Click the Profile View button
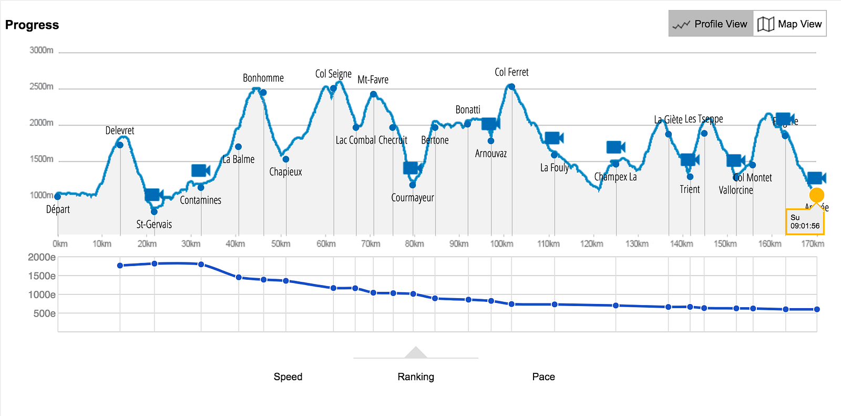[x=711, y=24]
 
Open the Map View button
[x=789, y=24]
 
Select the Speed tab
[x=288, y=377]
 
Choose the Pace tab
[x=543, y=377]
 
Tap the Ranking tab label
[x=416, y=377]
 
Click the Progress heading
[x=32, y=25]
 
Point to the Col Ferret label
[x=511, y=72]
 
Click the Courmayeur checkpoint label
[x=413, y=198]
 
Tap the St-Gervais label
[x=154, y=224]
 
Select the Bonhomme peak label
[x=263, y=78]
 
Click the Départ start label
[x=58, y=209]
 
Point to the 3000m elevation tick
[x=42, y=50]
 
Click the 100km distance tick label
[x=501, y=244]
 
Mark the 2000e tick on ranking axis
[x=42, y=257]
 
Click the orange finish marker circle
[x=816, y=195]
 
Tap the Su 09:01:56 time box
[x=805, y=222]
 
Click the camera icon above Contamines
[x=200, y=170]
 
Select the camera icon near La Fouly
[x=553, y=138]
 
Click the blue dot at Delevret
[x=120, y=145]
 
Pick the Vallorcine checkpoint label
[x=736, y=190]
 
